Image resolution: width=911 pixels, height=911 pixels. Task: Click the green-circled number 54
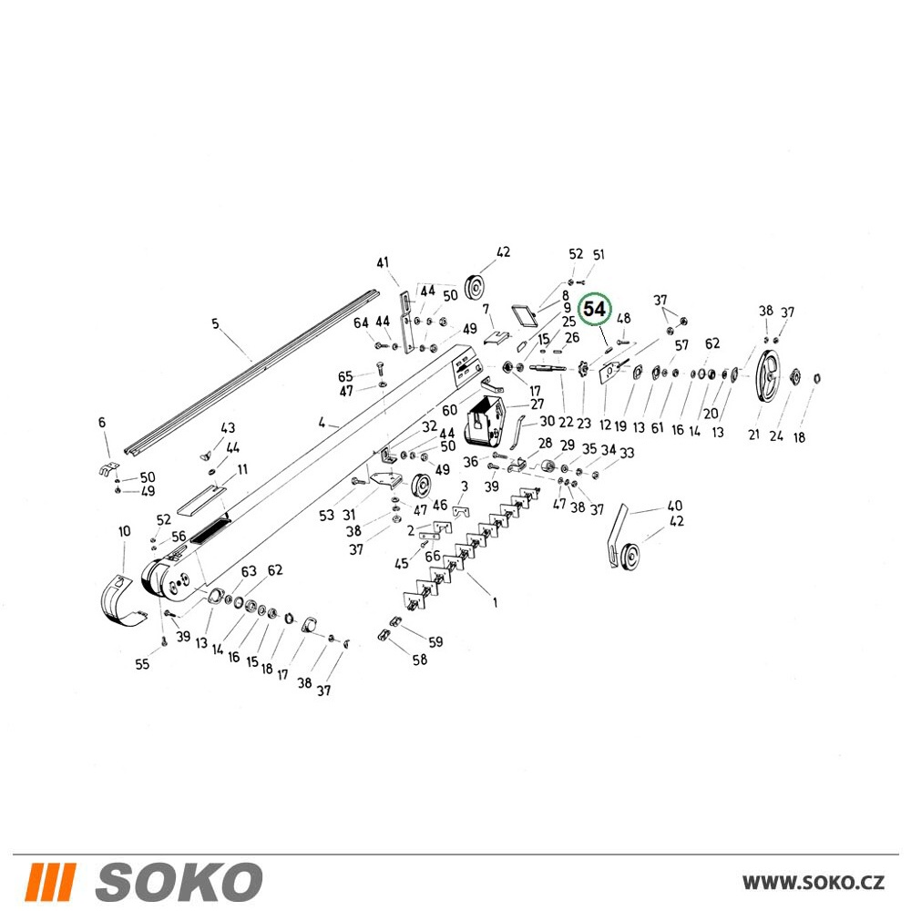tap(594, 310)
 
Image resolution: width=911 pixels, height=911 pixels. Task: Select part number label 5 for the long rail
tap(216, 323)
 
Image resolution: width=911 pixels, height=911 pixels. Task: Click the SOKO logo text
tap(179, 882)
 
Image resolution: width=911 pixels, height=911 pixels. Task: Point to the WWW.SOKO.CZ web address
tap(814, 883)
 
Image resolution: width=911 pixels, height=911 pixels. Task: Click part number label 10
tap(124, 532)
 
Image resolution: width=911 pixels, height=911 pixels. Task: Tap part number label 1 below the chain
tap(495, 603)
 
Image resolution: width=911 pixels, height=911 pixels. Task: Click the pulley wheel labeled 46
tap(420, 486)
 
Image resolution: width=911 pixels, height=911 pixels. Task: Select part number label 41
tap(383, 263)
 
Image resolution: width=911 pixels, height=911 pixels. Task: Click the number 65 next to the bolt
tap(345, 377)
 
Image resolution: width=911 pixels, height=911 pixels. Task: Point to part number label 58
tap(419, 660)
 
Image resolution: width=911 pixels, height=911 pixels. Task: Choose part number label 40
tap(674, 506)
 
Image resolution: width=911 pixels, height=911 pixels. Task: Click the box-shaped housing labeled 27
tap(484, 419)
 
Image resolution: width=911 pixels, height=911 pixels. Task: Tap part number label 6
tap(102, 423)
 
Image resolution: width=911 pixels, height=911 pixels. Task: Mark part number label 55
tap(142, 664)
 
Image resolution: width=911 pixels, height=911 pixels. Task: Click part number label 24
tap(776, 435)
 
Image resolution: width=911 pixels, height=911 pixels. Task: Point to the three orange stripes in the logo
tap(50, 882)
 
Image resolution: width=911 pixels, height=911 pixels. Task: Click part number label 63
tap(249, 571)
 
